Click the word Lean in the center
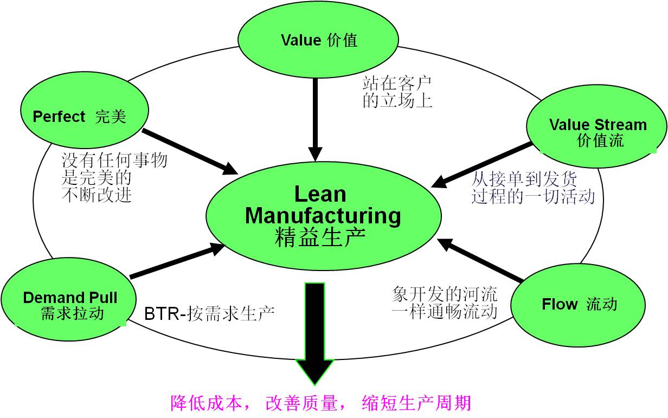(320, 194)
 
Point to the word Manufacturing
(323, 216)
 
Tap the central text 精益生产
(320, 238)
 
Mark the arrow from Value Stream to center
(483, 165)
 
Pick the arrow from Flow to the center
(480, 260)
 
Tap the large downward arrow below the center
(315, 331)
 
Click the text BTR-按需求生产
(209, 313)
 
